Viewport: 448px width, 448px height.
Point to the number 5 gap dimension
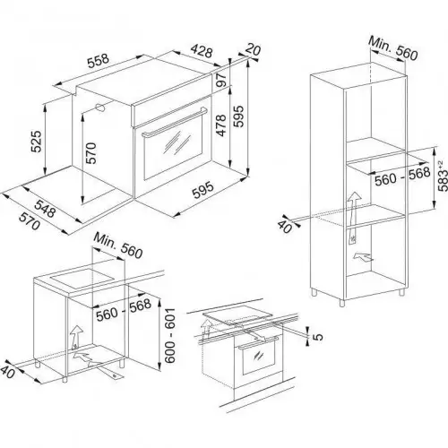pyautogui.click(x=316, y=337)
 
